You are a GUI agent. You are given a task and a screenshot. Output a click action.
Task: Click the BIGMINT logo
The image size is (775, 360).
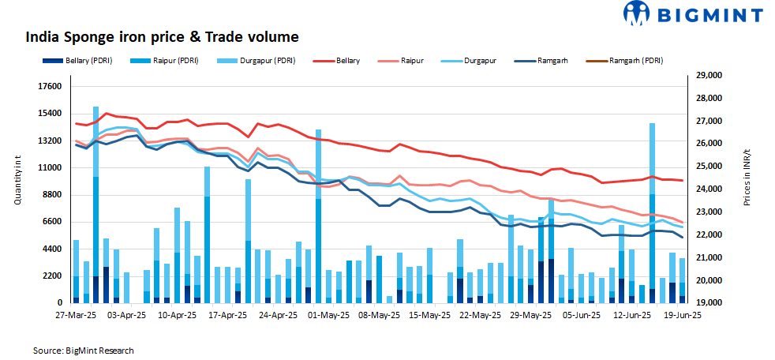[x=693, y=14]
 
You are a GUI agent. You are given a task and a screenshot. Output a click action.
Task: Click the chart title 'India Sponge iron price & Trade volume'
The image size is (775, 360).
[x=162, y=37]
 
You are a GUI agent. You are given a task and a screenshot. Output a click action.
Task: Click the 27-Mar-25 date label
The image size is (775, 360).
[x=75, y=315]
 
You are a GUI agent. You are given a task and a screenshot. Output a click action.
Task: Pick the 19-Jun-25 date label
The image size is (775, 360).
[x=683, y=315]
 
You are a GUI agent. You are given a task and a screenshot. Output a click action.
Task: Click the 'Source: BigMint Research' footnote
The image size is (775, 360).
[x=84, y=350]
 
